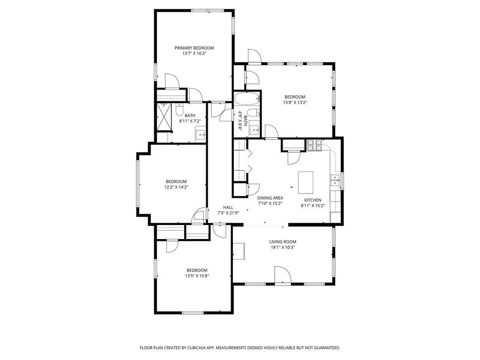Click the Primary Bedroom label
point(194,48)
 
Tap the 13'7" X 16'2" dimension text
point(194,53)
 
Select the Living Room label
point(283,242)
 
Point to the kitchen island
point(306,182)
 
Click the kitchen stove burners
point(315,145)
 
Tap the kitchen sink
point(335,180)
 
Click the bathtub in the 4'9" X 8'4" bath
point(247,98)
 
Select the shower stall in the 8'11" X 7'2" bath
point(165,117)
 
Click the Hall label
point(228,208)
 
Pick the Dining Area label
point(270,198)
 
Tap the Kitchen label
point(313,200)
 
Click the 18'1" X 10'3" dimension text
point(283,247)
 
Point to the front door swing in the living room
point(283,275)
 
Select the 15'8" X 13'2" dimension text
point(295,103)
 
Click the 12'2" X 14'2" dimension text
point(176,187)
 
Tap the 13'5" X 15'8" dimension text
point(197,276)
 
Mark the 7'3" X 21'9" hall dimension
point(228,213)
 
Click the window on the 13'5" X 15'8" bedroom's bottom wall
point(193,313)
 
